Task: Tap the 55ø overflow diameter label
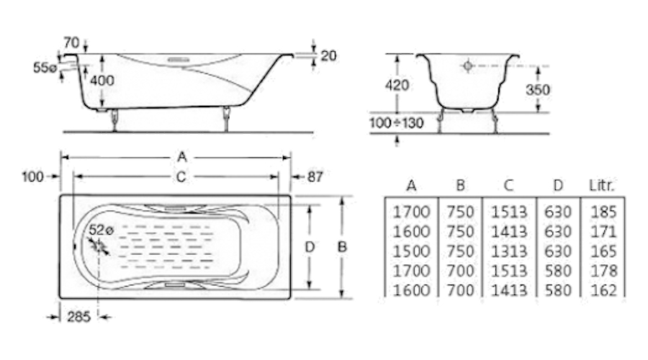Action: (x=45, y=68)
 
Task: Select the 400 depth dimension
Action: (x=103, y=80)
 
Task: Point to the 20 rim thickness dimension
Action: (x=328, y=55)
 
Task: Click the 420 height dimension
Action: (x=397, y=85)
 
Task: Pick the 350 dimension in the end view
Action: (x=537, y=90)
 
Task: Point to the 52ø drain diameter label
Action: (x=102, y=230)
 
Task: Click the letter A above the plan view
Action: (x=182, y=156)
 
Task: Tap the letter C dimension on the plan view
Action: (x=181, y=176)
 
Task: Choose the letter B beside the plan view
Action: (x=343, y=246)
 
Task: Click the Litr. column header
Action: (x=602, y=186)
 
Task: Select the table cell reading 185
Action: (x=603, y=212)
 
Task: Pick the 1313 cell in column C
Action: (x=508, y=251)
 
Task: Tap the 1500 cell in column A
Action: (x=411, y=251)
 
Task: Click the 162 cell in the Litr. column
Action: (x=603, y=290)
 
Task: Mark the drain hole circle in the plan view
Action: (x=99, y=246)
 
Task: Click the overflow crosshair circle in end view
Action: (x=468, y=66)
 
